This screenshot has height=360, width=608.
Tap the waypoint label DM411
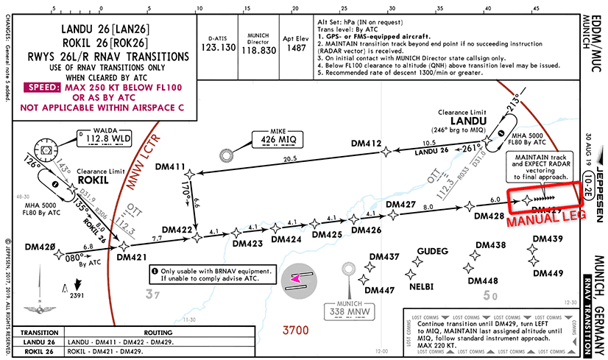[x=170, y=167]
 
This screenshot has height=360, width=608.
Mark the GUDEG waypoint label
[x=433, y=251]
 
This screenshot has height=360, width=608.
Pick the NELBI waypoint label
[x=421, y=285]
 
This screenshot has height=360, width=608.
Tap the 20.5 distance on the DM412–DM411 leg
[x=289, y=159]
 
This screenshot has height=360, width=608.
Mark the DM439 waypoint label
[x=547, y=239]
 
